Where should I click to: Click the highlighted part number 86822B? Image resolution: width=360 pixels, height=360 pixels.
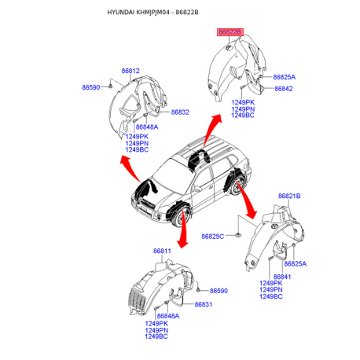(x=230, y=32)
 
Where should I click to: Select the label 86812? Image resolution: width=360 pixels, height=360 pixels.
(x=130, y=71)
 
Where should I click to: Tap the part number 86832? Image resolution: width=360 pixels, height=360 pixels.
(x=180, y=112)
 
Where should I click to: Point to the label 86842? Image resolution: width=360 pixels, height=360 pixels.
(x=284, y=89)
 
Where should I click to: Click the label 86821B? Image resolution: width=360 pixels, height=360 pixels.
(x=289, y=196)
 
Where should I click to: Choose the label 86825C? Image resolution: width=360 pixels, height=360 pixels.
(x=213, y=237)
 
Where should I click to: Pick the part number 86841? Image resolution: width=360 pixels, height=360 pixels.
(x=282, y=277)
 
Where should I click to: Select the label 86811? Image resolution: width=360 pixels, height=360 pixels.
(x=162, y=251)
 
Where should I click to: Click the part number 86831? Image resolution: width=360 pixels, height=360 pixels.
(x=204, y=304)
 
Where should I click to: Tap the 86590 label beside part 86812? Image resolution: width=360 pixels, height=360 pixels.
(x=91, y=87)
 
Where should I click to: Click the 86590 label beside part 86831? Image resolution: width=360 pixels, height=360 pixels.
(x=219, y=291)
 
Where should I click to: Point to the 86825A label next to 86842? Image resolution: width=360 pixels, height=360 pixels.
(x=285, y=77)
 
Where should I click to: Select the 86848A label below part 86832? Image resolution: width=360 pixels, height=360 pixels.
(x=147, y=127)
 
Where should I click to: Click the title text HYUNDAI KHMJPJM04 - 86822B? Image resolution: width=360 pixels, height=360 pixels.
(x=152, y=12)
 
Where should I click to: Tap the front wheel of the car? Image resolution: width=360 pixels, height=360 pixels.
(x=182, y=217)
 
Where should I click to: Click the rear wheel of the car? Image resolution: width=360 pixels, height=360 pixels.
(x=237, y=186)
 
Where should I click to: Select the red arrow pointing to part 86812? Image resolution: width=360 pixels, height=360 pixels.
(x=130, y=168)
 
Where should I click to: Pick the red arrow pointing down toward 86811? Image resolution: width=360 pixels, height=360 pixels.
(x=182, y=228)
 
